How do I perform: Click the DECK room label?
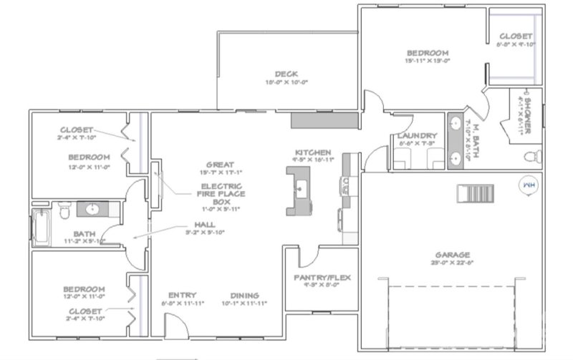(286, 74)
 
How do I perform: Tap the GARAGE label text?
(451, 255)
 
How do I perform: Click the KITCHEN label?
(313, 152)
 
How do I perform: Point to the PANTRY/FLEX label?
(322, 277)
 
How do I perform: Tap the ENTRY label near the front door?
(182, 296)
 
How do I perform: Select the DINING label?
(244, 296)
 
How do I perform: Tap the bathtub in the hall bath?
(39, 225)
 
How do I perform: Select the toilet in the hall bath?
(64, 210)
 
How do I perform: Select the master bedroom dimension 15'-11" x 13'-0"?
(428, 61)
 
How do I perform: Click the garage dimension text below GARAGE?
(451, 263)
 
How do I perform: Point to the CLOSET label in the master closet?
(516, 36)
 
